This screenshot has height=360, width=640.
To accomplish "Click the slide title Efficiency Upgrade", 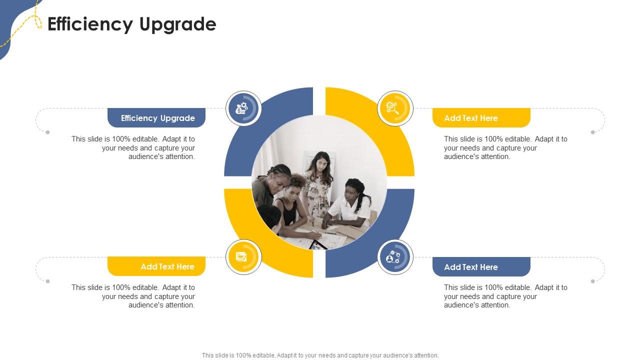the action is point(131,24).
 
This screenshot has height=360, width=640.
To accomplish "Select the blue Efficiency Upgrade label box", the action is point(156,117).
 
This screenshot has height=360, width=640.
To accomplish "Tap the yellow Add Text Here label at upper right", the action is point(481,117).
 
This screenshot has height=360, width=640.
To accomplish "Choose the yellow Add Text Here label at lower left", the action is point(156,266).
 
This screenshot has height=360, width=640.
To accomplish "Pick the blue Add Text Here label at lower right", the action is point(481,267).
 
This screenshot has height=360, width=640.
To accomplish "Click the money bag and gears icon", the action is point(241,108).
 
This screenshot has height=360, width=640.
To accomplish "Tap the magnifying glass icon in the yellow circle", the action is point(392,108).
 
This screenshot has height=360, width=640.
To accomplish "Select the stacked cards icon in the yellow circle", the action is point(241,256).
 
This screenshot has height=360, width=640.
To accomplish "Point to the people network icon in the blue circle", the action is point(393,257).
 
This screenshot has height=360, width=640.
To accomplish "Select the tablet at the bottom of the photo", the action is point(317,245).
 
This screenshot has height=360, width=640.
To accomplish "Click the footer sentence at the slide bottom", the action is point(320,355).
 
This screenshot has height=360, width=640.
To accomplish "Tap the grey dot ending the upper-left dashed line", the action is point(47,132).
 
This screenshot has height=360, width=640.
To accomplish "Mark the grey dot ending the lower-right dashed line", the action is point(593,281).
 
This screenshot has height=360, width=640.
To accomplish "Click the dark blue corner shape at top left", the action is point(11,20).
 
